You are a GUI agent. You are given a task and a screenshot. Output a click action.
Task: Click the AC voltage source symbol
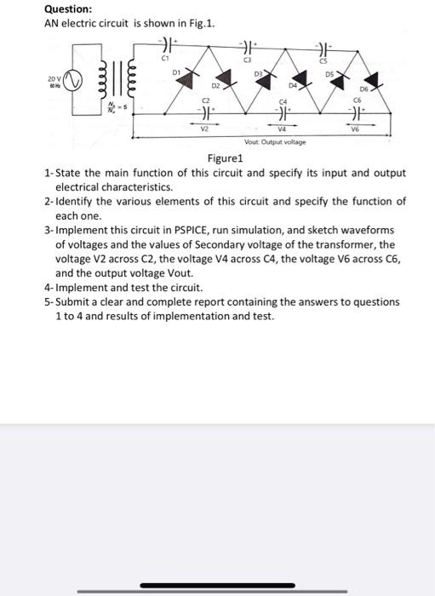coord(73,85)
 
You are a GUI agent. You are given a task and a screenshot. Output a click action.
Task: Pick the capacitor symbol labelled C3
coord(248,45)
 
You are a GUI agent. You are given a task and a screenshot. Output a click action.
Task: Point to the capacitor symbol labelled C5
coord(323,45)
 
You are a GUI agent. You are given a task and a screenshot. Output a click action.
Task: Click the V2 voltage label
coord(205,130)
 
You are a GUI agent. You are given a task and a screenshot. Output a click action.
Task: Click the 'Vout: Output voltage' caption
coord(275,142)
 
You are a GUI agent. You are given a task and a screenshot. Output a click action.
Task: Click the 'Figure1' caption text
coord(226,158)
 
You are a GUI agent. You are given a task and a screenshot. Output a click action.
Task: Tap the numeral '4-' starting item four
coord(49,287)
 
